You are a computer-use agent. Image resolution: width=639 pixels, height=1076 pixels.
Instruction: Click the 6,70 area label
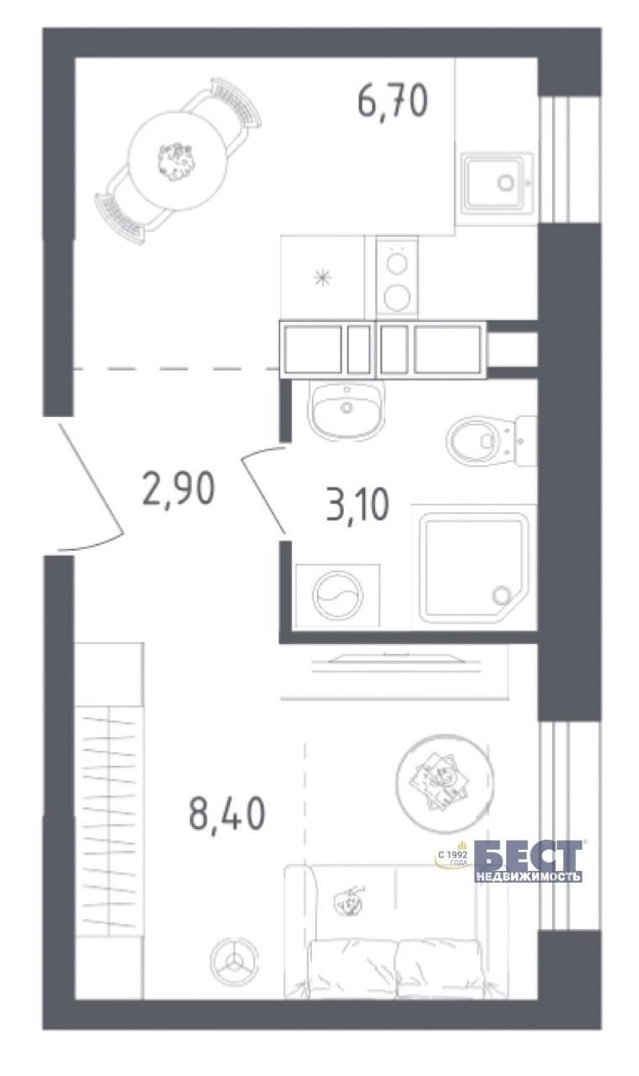[393, 102]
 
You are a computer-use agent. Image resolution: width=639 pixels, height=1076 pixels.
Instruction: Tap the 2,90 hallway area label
[178, 488]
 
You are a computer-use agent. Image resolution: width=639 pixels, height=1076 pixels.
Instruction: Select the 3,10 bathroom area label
[357, 504]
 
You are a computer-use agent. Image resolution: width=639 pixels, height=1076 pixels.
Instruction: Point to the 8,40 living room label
[227, 811]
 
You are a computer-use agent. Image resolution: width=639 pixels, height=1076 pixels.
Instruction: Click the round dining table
[177, 161]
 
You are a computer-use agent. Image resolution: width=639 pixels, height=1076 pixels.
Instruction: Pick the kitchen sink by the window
[497, 183]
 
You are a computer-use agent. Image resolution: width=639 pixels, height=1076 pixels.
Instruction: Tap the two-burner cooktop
[397, 277]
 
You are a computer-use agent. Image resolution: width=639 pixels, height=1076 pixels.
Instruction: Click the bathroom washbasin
[346, 409]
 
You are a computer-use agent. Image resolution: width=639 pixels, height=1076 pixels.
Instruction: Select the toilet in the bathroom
[491, 440]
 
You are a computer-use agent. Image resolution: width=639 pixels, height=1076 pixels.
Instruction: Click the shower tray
[473, 567]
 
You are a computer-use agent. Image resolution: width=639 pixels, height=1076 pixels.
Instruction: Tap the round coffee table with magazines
[445, 783]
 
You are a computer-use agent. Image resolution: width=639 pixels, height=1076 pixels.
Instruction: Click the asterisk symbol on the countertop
[322, 277]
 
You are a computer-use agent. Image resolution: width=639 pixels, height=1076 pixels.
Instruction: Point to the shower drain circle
[502, 596]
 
